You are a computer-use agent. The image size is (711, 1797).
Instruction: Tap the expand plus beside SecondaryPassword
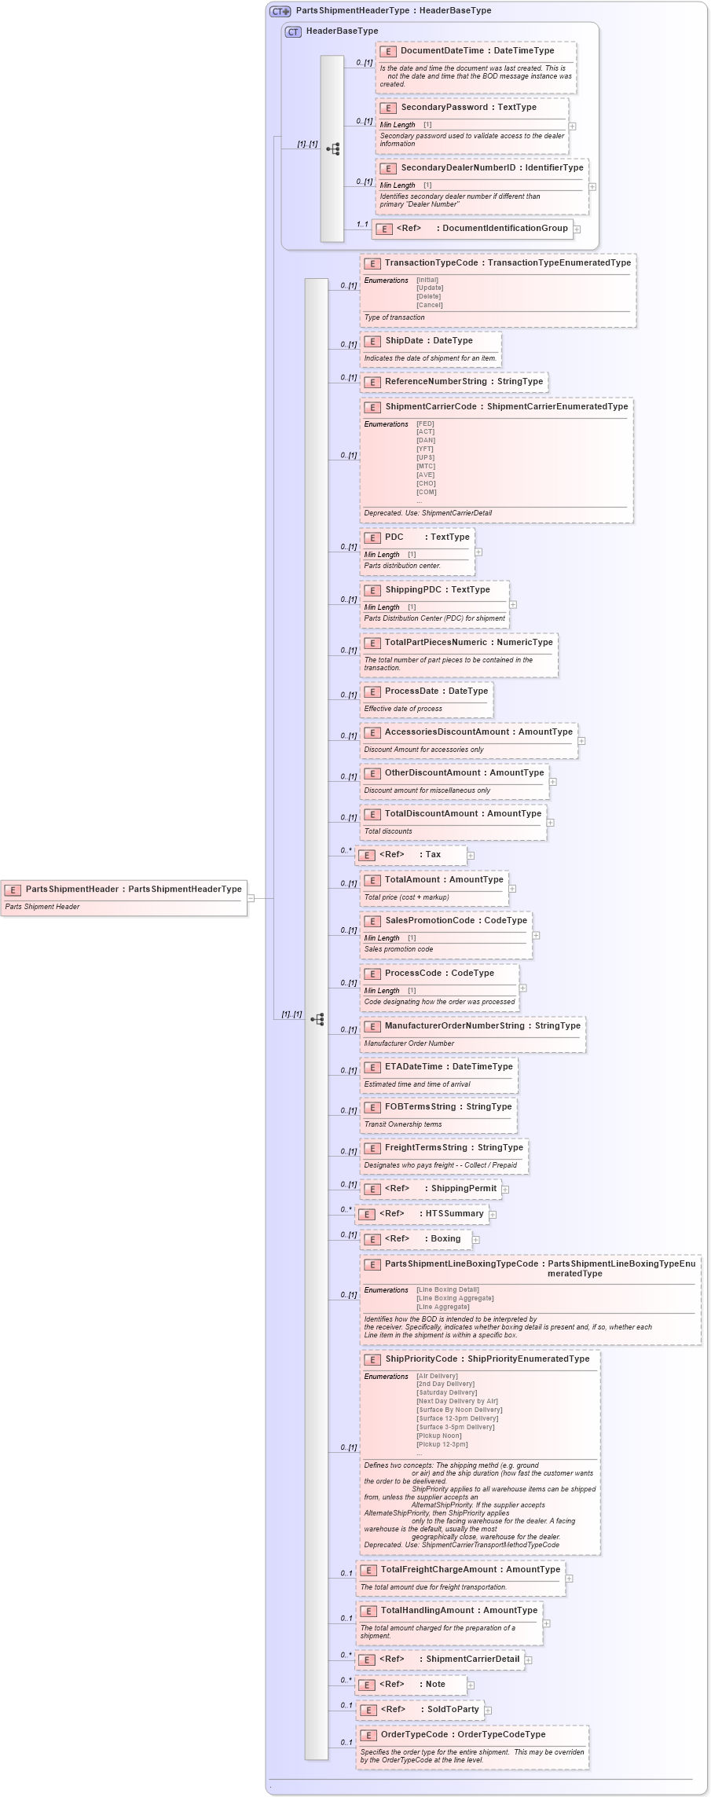tap(572, 126)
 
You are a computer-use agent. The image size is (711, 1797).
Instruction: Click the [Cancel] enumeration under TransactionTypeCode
tap(430, 305)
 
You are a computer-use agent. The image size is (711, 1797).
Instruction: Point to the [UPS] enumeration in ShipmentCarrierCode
tap(425, 457)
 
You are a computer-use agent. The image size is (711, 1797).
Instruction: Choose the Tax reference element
tap(432, 855)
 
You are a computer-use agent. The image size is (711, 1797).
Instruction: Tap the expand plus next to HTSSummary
tap(493, 1215)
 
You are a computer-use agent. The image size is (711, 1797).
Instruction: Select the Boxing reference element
tap(445, 1239)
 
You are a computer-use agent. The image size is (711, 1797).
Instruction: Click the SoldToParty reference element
tap(453, 1710)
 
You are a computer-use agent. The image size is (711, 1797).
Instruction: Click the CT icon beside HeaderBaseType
tap(293, 32)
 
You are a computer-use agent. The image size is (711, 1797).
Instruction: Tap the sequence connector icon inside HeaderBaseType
tap(332, 149)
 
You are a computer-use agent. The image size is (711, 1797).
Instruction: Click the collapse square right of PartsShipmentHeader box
tap(251, 897)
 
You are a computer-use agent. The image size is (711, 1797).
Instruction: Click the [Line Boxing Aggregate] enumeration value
tap(455, 1298)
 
